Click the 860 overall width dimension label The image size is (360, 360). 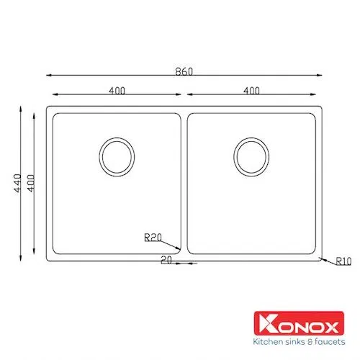pyautogui.click(x=184, y=72)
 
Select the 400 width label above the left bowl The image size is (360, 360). pyautogui.click(x=117, y=91)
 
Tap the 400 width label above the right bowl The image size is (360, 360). pyautogui.click(x=251, y=91)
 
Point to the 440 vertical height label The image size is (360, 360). pyautogui.click(x=18, y=183)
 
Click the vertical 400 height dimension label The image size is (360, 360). pyautogui.click(x=31, y=183)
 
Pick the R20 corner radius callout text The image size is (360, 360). pyautogui.click(x=153, y=238)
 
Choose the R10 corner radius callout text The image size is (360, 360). pyautogui.click(x=343, y=261)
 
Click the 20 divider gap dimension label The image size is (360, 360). pyautogui.click(x=166, y=260)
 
